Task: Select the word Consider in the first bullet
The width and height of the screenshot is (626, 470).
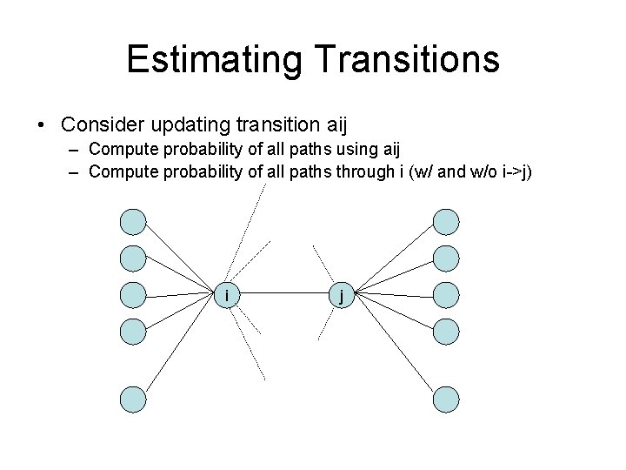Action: click(107, 124)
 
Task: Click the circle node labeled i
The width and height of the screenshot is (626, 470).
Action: click(228, 295)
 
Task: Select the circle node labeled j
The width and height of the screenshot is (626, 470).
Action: click(342, 295)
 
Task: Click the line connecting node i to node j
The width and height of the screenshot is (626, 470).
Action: click(284, 295)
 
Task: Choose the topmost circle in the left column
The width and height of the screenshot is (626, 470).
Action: click(133, 222)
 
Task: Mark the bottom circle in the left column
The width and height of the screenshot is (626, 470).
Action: click(133, 399)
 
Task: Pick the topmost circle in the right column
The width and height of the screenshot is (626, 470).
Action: click(445, 222)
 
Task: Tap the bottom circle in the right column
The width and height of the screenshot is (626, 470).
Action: click(445, 399)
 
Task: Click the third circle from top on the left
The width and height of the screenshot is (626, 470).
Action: click(133, 294)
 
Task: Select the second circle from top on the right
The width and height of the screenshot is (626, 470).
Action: click(445, 258)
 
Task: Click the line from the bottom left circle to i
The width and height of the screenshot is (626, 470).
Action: click(180, 347)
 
